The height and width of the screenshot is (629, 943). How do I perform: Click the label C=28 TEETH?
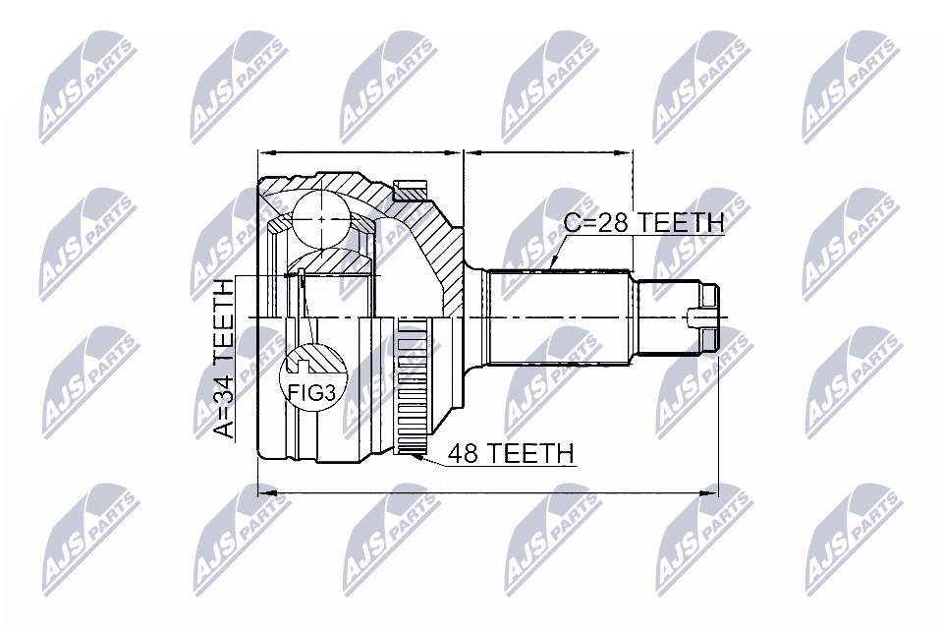(x=643, y=222)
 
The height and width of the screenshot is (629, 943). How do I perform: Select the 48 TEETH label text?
(x=510, y=453)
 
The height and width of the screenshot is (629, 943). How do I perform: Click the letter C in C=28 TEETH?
(x=572, y=222)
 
